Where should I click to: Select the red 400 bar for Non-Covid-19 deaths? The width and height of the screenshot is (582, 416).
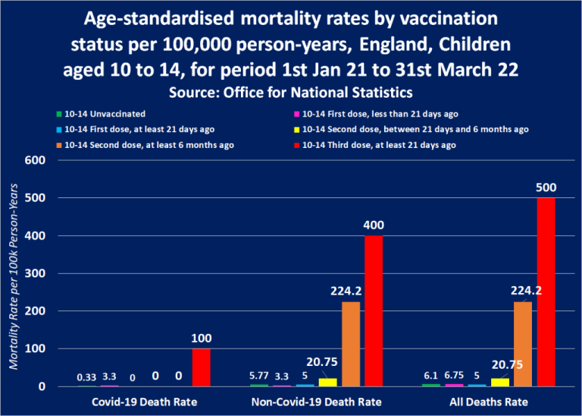click(374, 311)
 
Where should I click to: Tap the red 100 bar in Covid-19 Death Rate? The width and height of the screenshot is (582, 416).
click(202, 367)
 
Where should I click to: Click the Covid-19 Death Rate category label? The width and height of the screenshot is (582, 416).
click(144, 402)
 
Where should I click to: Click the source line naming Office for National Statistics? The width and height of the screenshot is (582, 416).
click(291, 93)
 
